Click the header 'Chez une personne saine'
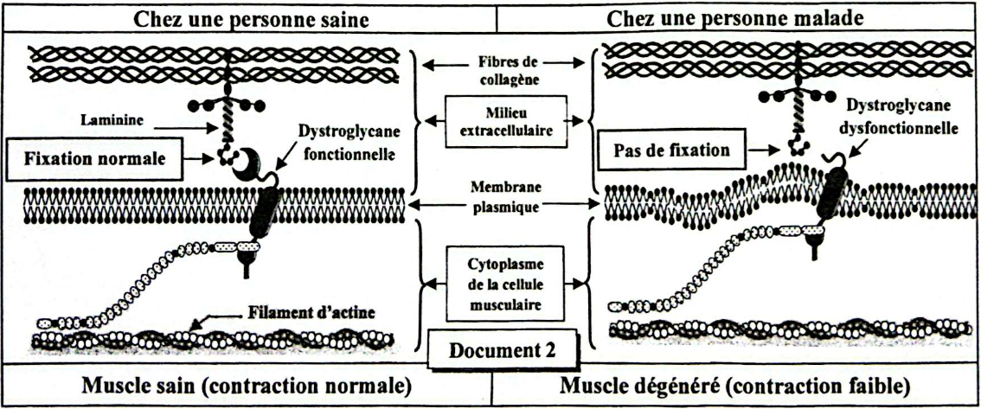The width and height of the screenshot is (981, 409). click(x=247, y=17)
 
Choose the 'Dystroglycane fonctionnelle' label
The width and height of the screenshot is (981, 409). click(x=346, y=144)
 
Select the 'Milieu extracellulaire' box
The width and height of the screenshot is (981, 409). click(x=502, y=118)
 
